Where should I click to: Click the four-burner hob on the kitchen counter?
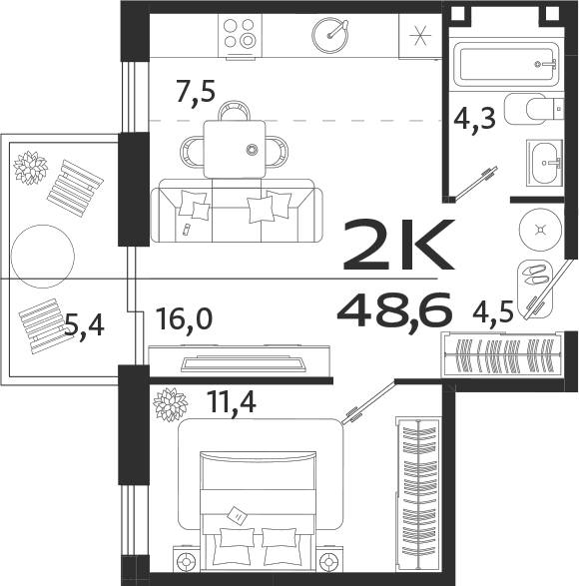coord(241,35)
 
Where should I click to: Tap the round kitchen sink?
coord(330,36)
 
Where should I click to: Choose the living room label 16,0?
coord(183,319)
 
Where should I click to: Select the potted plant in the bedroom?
coord(169,406)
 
